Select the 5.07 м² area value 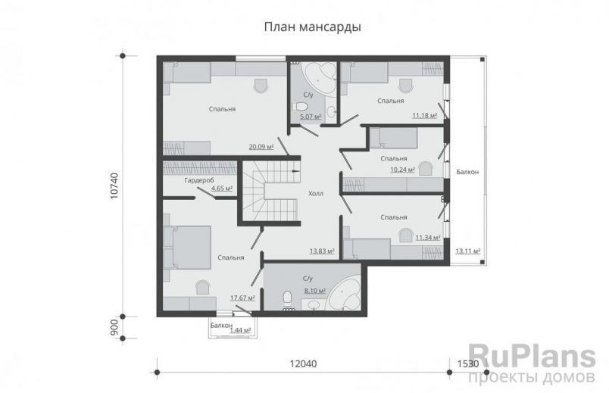pos(311,117)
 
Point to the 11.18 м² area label pos(423,116)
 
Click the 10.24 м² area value pos(402,170)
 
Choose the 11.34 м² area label pos(427,237)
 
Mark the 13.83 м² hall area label pos(323,251)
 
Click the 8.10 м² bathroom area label pos(313,290)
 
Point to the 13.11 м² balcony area pos(470,251)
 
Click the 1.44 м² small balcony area pos(241,331)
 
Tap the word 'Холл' pos(316,194)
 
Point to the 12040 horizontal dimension pos(303,364)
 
